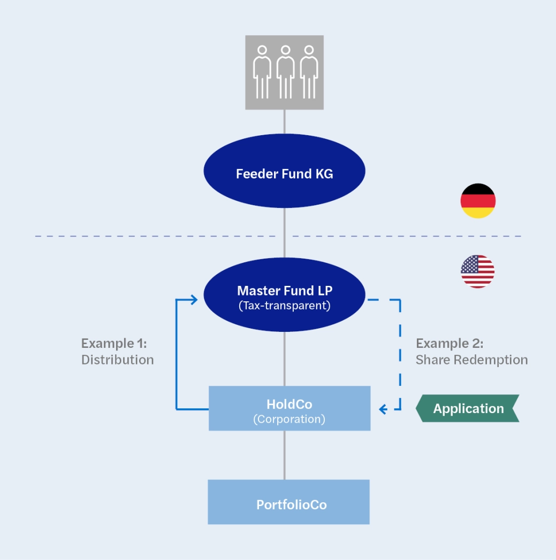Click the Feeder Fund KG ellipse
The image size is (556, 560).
coord(284,173)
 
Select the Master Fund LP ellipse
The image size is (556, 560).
coord(284,297)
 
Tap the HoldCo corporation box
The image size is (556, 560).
coord(289,408)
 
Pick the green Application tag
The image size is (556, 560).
coord(468,409)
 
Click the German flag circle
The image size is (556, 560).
coord(478,201)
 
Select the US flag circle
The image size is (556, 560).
coord(477,271)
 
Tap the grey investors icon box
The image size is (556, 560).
coord(284,72)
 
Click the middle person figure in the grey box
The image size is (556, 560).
coord(285,72)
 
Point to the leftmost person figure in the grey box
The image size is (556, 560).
coord(262,72)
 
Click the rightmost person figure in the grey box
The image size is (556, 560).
coord(308,72)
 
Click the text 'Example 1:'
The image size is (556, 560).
coord(113,343)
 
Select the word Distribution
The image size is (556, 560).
coord(117,360)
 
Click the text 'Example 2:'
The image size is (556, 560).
coord(449,343)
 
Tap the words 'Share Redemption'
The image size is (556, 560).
coord(471,360)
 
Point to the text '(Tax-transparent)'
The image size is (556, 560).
coord(284,306)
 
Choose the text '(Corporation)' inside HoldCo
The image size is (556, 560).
coord(289,419)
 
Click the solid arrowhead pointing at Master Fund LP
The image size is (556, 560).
coord(194,299)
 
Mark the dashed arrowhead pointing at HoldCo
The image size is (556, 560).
coord(383,409)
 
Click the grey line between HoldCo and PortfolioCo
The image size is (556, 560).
coord(284,455)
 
